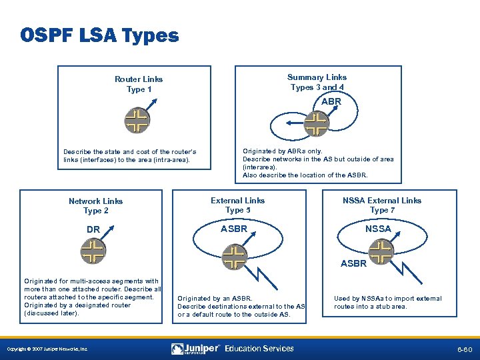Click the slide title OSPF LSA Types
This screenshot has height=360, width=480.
coord(99,35)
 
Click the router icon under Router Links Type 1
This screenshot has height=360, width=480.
coord(137,121)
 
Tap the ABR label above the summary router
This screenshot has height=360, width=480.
coord(331,102)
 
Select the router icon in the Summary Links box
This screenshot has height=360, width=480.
coord(315,123)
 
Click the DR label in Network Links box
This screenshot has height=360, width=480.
coord(93,230)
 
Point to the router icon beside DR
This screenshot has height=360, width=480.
coord(93,251)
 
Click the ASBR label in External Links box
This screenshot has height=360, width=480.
coord(233,229)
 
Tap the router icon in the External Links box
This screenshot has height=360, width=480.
coord(233,257)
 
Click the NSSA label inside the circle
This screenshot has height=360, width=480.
coord(378,229)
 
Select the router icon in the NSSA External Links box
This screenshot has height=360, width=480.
coord(381,251)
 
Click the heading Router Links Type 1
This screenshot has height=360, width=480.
coord(139,84)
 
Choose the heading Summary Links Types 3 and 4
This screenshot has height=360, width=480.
coord(317,82)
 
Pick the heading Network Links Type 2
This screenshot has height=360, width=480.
coord(96,205)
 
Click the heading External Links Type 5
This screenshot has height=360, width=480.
coord(237,205)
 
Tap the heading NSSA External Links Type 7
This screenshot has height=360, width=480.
coord(382,205)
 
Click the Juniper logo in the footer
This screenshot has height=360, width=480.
coord(195,349)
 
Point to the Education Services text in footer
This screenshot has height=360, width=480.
coord(259,349)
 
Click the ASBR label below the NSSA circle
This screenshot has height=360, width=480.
coord(353,263)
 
